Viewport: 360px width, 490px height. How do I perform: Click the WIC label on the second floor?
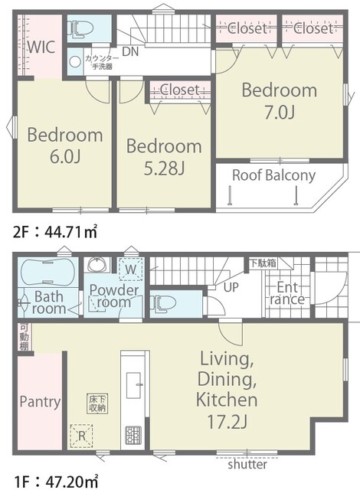click(40, 45)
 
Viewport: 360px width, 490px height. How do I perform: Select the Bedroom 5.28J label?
click(164, 155)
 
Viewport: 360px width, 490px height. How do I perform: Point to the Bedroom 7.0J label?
click(279, 100)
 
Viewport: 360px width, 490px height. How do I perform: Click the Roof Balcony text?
click(273, 175)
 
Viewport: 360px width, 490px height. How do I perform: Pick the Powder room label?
click(113, 296)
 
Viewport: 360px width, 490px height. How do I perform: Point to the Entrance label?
click(290, 292)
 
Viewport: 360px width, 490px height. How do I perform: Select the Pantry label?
click(40, 401)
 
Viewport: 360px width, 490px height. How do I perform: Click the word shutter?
click(247, 464)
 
